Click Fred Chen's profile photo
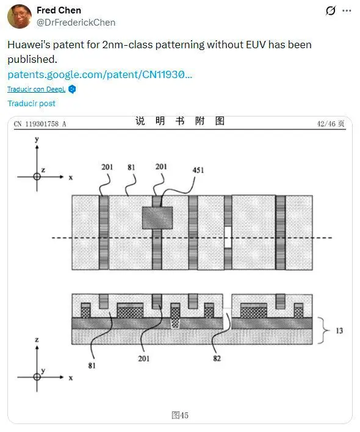click(x=20, y=16)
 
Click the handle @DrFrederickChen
click(x=76, y=23)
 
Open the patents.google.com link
click(x=99, y=74)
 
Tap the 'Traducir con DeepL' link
click(x=37, y=89)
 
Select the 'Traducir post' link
click(x=31, y=103)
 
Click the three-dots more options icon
click(x=347, y=11)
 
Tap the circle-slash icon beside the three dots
click(x=331, y=11)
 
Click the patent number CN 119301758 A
click(x=40, y=124)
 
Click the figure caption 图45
click(x=180, y=415)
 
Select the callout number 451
click(x=198, y=170)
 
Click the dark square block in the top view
click(x=157, y=218)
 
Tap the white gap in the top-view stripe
click(x=228, y=237)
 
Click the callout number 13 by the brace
click(x=339, y=331)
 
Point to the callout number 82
click(x=217, y=358)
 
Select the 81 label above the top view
click(x=131, y=167)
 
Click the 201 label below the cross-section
click(x=144, y=358)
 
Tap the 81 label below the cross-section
click(x=92, y=365)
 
